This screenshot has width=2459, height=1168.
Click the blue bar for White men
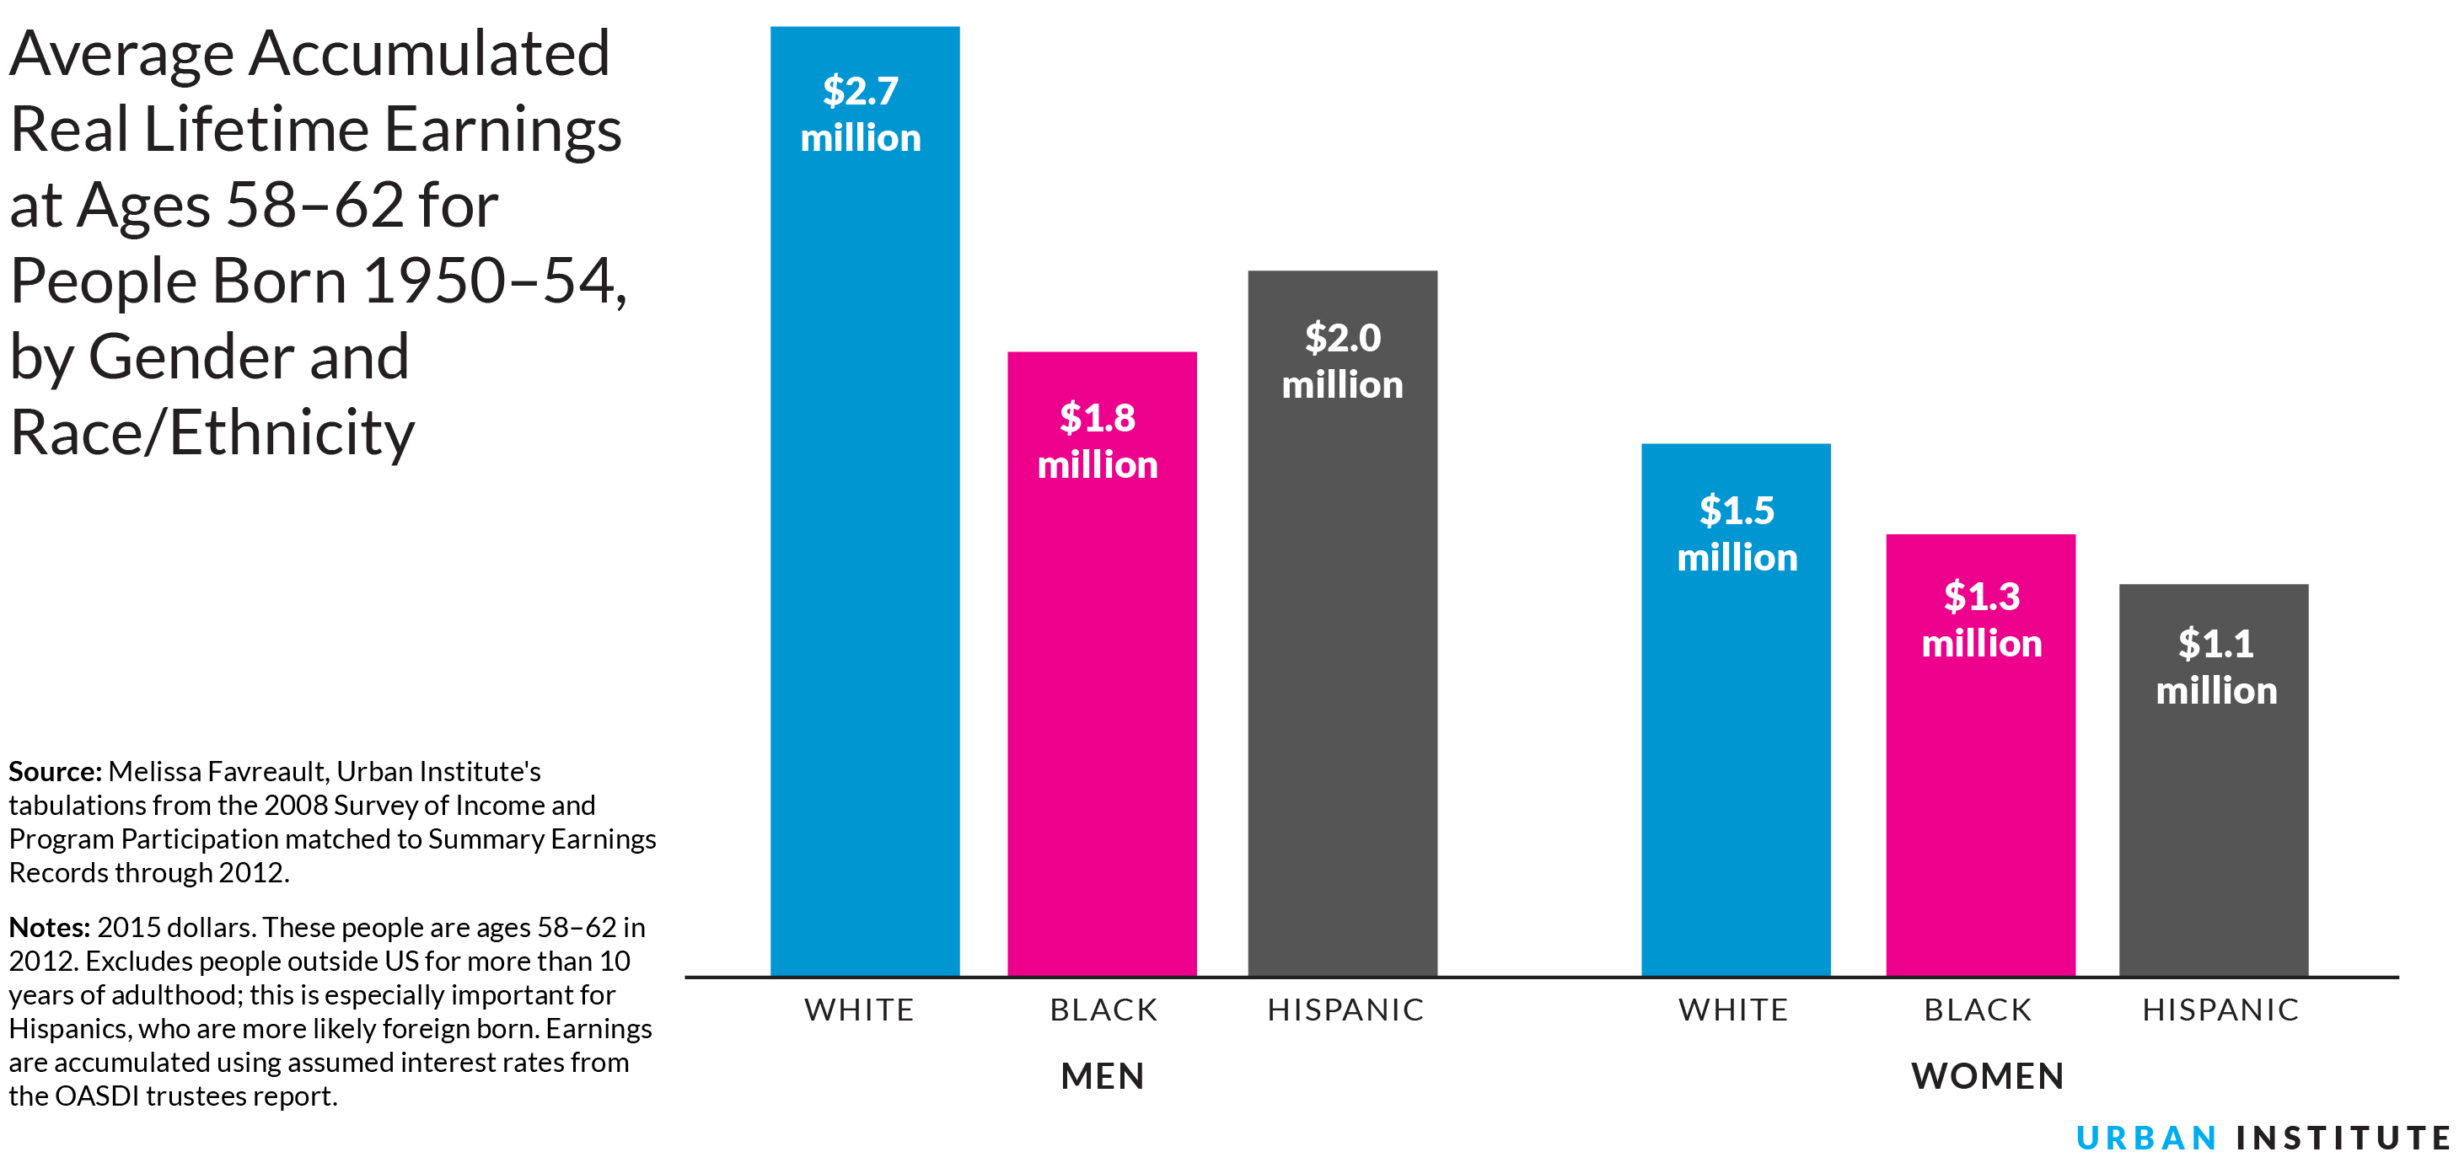pos(865,572)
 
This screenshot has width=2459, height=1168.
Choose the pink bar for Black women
pos(1980,811)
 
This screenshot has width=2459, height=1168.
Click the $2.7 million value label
pos(861,115)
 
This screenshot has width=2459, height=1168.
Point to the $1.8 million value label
pos(1098,441)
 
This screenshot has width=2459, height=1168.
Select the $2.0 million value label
pos(1342,361)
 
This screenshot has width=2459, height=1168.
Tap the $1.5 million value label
pos(1737,533)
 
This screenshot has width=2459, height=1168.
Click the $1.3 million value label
pos(1982,619)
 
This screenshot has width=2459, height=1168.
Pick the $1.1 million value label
pos(2215,666)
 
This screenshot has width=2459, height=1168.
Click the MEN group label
pos(1102,1075)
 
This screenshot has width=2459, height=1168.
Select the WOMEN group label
pos(1988,1075)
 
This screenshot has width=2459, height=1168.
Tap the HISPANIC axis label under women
pos(2220,1010)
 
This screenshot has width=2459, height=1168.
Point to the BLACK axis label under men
pos(1103,1010)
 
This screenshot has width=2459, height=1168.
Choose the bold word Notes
pos(49,927)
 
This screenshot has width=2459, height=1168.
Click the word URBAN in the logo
pos(2146,1138)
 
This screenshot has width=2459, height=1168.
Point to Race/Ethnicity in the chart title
pos(212,432)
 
